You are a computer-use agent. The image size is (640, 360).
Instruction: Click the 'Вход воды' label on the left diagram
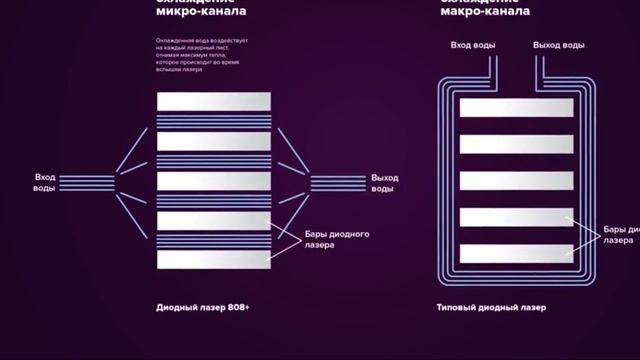[45, 182]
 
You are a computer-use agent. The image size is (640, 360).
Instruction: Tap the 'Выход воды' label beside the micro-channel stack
[384, 182]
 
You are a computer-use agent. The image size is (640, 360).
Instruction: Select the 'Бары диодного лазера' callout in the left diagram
[336, 239]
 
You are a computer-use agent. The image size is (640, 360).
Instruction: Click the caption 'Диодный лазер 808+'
[202, 307]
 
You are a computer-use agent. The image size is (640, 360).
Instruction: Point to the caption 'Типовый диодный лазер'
[492, 307]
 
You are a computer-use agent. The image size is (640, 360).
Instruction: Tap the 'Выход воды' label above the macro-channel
[559, 46]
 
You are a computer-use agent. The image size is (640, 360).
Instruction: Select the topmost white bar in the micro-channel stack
[213, 102]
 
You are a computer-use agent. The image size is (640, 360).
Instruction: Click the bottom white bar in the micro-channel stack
[213, 259]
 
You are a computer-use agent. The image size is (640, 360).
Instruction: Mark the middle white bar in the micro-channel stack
[213, 181]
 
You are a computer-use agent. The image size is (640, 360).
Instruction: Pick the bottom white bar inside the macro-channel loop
[516, 253]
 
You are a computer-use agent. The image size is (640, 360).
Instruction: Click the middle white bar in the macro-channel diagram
[516, 181]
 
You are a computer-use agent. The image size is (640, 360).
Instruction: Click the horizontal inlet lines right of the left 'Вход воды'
[87, 182]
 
